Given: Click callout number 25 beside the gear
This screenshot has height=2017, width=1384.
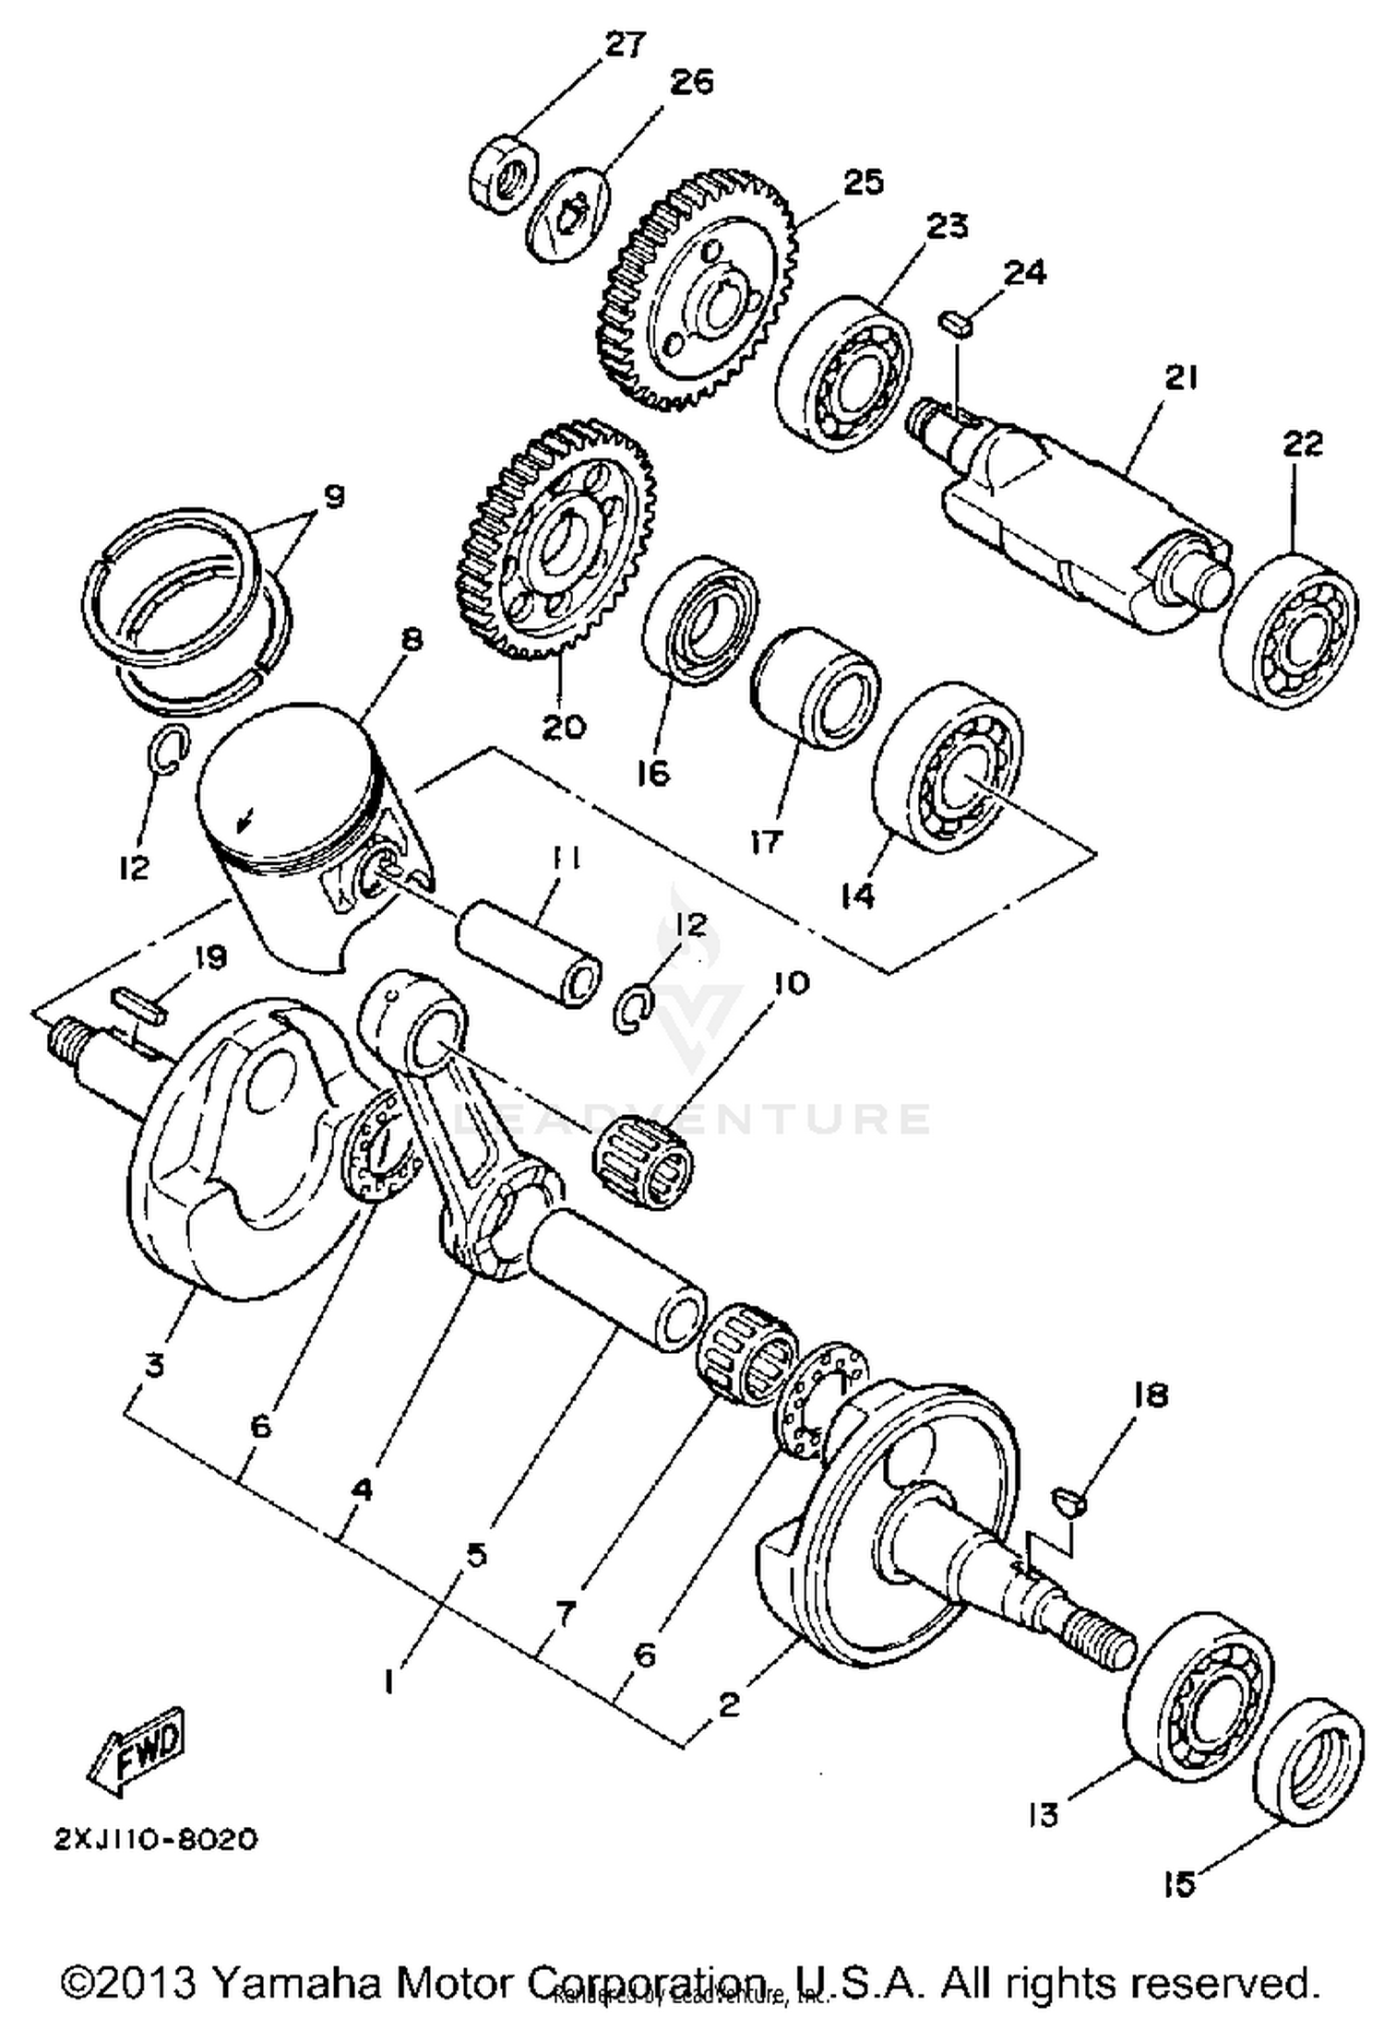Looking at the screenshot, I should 862,182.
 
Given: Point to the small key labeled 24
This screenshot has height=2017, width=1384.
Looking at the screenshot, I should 955,324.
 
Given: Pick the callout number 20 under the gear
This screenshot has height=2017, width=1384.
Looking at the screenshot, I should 563,726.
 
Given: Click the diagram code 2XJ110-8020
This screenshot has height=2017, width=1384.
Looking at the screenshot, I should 155,1858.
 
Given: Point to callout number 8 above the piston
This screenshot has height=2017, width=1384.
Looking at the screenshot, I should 412,639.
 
